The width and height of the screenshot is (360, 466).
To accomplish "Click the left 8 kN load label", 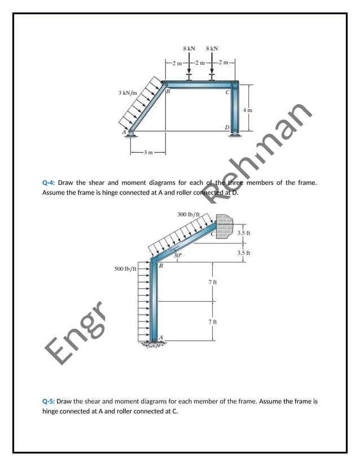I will [x=190, y=49].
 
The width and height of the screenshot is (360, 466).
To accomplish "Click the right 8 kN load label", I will [x=212, y=49].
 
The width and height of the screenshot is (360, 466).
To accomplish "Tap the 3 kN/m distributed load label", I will [x=128, y=92].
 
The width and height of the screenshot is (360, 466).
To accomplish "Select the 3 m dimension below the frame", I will [x=148, y=152].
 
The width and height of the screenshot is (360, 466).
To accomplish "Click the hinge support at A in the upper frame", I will [x=131, y=133].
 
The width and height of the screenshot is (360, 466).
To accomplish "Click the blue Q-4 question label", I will [x=48, y=183].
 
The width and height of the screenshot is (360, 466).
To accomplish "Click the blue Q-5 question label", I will [x=48, y=402].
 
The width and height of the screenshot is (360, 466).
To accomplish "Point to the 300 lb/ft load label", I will [x=188, y=214].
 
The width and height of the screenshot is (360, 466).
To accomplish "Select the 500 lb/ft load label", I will [x=126, y=269].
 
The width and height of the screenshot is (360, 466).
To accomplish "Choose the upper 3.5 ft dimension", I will [x=244, y=232].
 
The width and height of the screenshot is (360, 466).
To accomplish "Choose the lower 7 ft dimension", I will [x=213, y=321].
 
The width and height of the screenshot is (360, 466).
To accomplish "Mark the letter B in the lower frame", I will [x=161, y=265].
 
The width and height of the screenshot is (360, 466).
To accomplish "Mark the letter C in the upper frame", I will [x=227, y=92].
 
